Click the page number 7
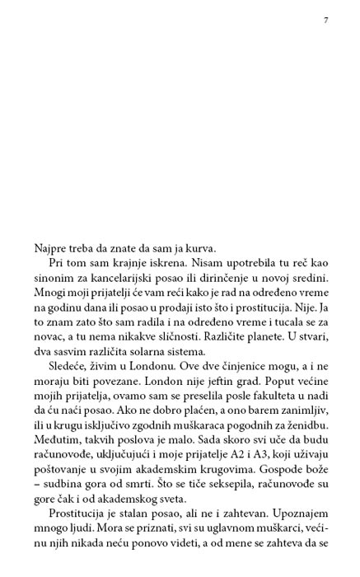326,21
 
